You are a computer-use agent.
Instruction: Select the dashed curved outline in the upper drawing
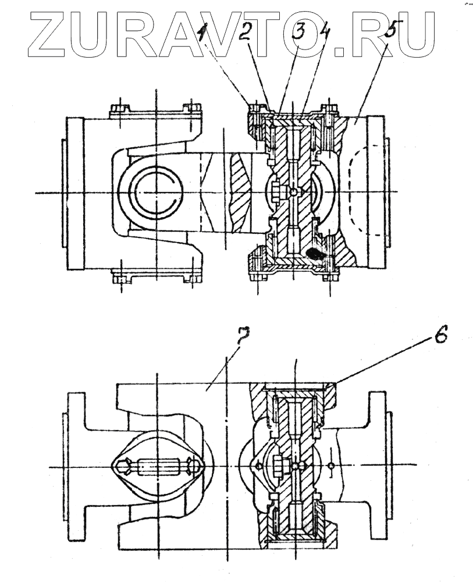point(349,192)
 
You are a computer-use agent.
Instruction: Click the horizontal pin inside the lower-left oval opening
point(155,467)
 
